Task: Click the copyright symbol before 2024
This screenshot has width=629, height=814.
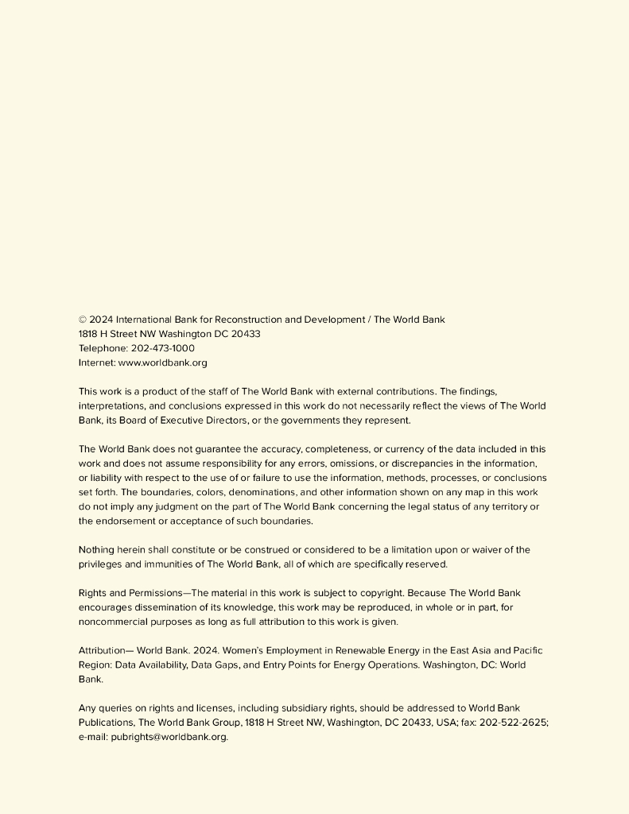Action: (83, 320)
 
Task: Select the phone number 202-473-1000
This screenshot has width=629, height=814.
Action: (162, 348)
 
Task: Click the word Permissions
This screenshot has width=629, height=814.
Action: (154, 593)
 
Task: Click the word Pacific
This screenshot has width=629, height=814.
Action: (526, 650)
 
